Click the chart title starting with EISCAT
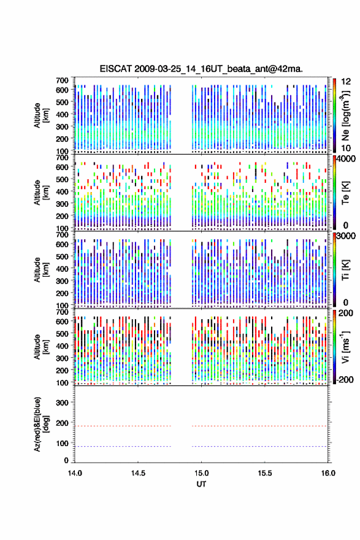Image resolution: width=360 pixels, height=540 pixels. pyautogui.click(x=201, y=69)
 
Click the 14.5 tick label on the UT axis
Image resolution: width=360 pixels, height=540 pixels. pyautogui.click(x=138, y=473)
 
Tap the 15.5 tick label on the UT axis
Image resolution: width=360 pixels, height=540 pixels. pyautogui.click(x=265, y=473)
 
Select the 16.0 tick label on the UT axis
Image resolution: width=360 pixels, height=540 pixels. pyautogui.click(x=328, y=473)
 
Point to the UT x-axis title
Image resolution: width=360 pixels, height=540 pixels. pyautogui.click(x=201, y=484)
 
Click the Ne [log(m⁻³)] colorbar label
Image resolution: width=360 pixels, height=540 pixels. pyautogui.click(x=346, y=116)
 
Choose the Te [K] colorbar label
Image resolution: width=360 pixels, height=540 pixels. pyautogui.click(x=345, y=193)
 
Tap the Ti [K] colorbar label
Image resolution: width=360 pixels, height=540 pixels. pyautogui.click(x=345, y=269)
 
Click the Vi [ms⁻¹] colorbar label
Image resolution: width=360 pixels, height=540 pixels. pyautogui.click(x=345, y=347)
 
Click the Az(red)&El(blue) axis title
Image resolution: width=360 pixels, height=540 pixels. pyautogui.click(x=41, y=424)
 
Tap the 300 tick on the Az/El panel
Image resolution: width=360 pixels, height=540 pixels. pyautogui.click(x=63, y=403)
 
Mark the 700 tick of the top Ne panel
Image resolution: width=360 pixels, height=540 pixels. pyautogui.click(x=63, y=80)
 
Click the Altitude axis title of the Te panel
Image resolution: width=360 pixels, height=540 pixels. pyautogui.click(x=41, y=193)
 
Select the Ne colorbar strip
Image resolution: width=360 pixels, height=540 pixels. pyautogui.click(x=334, y=116)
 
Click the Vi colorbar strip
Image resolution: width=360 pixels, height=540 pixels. pyautogui.click(x=334, y=347)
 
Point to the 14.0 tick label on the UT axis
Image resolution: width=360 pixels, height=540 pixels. pyautogui.click(x=75, y=473)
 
